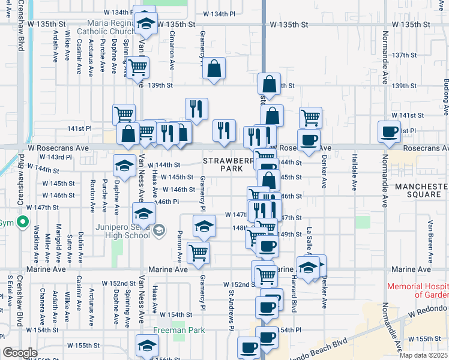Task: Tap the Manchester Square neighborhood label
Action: click(x=421, y=191)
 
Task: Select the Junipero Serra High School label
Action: click(x=122, y=230)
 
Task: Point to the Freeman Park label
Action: click(x=179, y=330)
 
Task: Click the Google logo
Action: click(x=20, y=353)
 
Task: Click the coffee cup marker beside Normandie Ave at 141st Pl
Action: click(x=389, y=131)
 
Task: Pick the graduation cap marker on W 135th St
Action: click(x=145, y=23)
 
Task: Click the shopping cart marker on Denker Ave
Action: click(x=310, y=117)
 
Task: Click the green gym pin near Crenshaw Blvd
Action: click(x=23, y=223)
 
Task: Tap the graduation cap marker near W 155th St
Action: click(x=146, y=344)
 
